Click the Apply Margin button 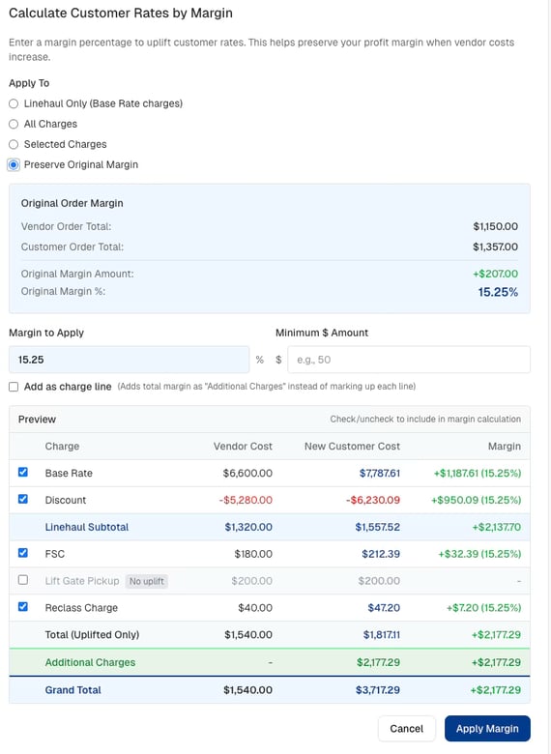click(x=487, y=729)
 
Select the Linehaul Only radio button click(x=14, y=103)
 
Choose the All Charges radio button click(x=14, y=124)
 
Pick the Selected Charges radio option click(x=14, y=144)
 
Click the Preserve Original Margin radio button click(x=14, y=165)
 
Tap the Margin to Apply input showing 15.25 click(x=129, y=360)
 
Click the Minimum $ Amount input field click(x=409, y=360)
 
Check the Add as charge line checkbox click(x=14, y=387)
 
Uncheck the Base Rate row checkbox click(x=23, y=472)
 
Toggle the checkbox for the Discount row click(x=23, y=499)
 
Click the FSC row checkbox click(x=23, y=553)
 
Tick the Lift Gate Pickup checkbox click(x=23, y=580)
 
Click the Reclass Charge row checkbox click(x=23, y=607)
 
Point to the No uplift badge click(x=147, y=581)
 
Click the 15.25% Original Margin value click(x=498, y=292)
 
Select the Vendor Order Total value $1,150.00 click(x=495, y=226)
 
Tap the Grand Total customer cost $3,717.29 click(x=377, y=690)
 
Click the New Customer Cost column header click(x=352, y=447)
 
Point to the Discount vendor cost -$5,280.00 click(x=246, y=500)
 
